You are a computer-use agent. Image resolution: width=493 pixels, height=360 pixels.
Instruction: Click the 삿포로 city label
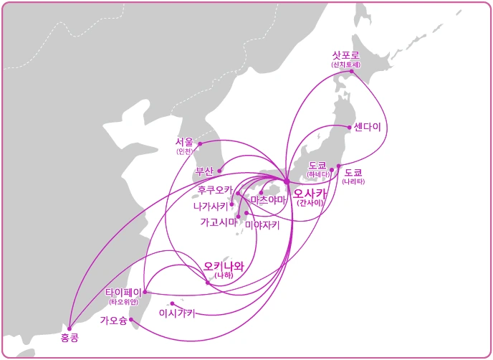point(346,55)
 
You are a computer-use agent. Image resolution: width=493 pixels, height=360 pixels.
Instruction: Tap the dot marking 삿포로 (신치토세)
point(352,71)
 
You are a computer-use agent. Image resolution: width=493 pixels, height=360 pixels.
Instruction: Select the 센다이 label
point(367,127)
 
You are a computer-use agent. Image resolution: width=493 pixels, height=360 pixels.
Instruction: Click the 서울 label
point(184,142)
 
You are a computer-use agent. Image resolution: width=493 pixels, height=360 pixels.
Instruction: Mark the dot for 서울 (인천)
point(200,143)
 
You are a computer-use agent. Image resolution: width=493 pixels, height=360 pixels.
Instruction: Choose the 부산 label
point(204,171)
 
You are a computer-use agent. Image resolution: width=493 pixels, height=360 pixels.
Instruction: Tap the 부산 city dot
point(219,171)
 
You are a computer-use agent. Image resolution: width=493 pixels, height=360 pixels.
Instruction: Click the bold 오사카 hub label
point(310,193)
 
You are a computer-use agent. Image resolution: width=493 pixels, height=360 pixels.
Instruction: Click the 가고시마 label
point(218,222)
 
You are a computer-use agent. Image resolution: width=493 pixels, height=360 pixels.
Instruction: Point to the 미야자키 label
point(262,224)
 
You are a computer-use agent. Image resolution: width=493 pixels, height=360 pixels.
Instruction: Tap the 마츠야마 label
point(268,199)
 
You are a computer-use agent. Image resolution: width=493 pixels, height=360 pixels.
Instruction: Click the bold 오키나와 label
point(224,266)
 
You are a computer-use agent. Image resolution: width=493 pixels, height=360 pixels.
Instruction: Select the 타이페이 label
point(123,293)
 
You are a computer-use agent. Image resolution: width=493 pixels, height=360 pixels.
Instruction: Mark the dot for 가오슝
point(131,320)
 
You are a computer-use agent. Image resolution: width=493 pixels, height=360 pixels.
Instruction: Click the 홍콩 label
point(70,337)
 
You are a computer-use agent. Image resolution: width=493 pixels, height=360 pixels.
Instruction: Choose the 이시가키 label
point(177,313)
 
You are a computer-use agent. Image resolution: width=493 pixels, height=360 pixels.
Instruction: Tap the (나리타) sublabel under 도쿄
point(353,182)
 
